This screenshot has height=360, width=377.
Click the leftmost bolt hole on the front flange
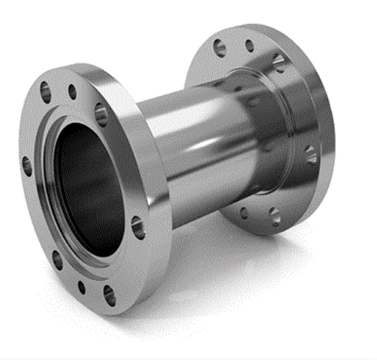[27, 166]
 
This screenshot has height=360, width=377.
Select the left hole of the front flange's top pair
[45, 91]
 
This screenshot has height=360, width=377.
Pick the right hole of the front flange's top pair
[72, 91]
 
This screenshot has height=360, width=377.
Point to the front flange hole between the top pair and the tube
[101, 114]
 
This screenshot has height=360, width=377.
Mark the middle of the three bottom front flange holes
[81, 287]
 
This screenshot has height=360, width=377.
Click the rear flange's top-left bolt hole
[219, 49]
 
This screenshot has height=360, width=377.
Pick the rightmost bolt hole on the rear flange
[310, 153]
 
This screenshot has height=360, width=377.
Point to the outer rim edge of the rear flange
[327, 108]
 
